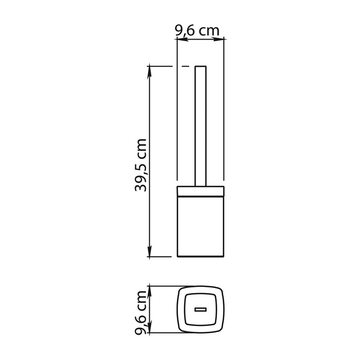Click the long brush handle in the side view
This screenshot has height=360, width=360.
coord(201,129)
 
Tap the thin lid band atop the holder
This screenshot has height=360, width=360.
coord(201,192)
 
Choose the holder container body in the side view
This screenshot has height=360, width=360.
coord(201,226)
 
